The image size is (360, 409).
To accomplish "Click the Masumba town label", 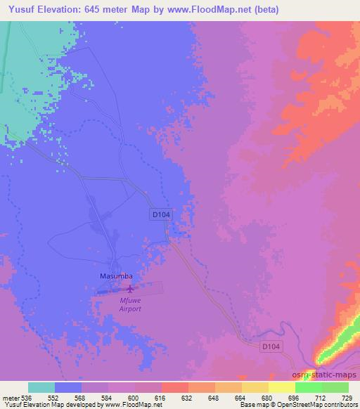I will click(113, 277).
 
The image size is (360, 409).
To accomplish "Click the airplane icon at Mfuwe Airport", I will click(129, 288).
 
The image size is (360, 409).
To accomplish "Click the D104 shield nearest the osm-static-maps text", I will click(271, 346).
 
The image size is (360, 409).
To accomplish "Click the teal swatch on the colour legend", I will click(41, 387).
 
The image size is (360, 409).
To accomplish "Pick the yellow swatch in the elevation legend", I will click(282, 387).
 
